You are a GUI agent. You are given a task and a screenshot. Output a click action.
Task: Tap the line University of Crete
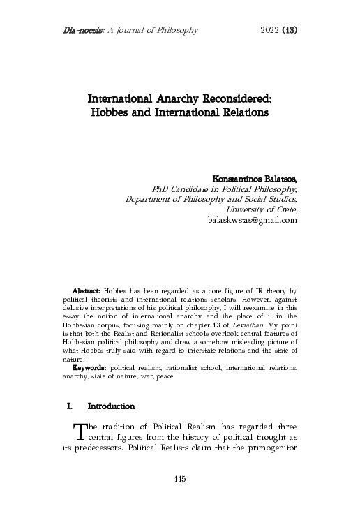click(x=262, y=209)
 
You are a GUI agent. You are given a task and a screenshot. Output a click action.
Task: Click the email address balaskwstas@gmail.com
click(x=253, y=219)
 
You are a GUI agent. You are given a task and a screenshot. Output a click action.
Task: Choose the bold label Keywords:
click(x=89, y=366)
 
